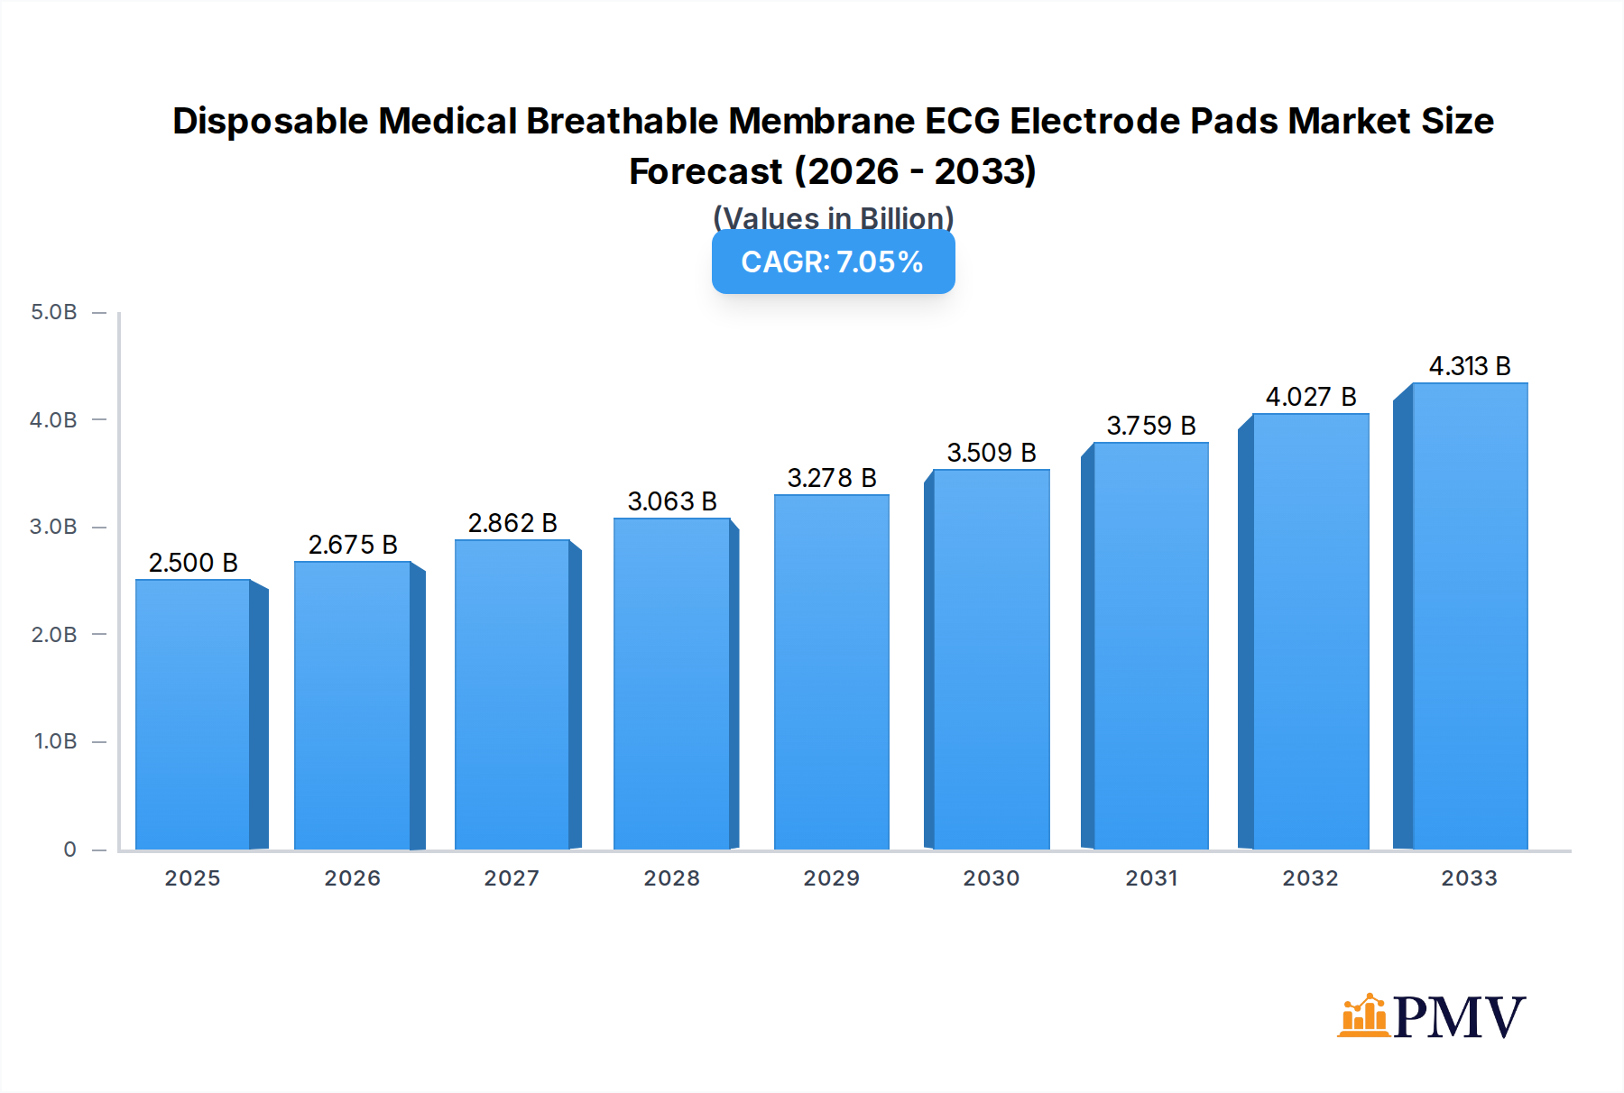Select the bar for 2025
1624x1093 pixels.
point(193,714)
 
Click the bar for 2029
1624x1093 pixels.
point(831,672)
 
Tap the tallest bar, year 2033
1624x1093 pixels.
point(1469,616)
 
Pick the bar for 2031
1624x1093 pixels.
point(1150,646)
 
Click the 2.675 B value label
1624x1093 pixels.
point(353,545)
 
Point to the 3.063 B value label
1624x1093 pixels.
point(672,501)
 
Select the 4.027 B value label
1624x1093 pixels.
point(1310,397)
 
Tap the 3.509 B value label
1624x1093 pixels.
point(991,453)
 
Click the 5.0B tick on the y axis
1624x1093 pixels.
point(54,312)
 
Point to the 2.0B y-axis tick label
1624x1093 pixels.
point(54,634)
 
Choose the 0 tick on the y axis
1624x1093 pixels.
point(69,849)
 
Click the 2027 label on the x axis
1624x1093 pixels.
point(512,877)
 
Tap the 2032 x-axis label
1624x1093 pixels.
point(1310,877)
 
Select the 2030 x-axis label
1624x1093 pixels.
point(991,877)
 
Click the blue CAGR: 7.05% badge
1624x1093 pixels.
point(833,262)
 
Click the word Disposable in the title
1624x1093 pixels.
point(270,121)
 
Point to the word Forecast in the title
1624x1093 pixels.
point(706,171)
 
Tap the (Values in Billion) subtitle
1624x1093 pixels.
point(833,217)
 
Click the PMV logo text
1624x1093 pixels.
point(1459,1017)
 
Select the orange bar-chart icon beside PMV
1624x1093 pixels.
point(1363,1016)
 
